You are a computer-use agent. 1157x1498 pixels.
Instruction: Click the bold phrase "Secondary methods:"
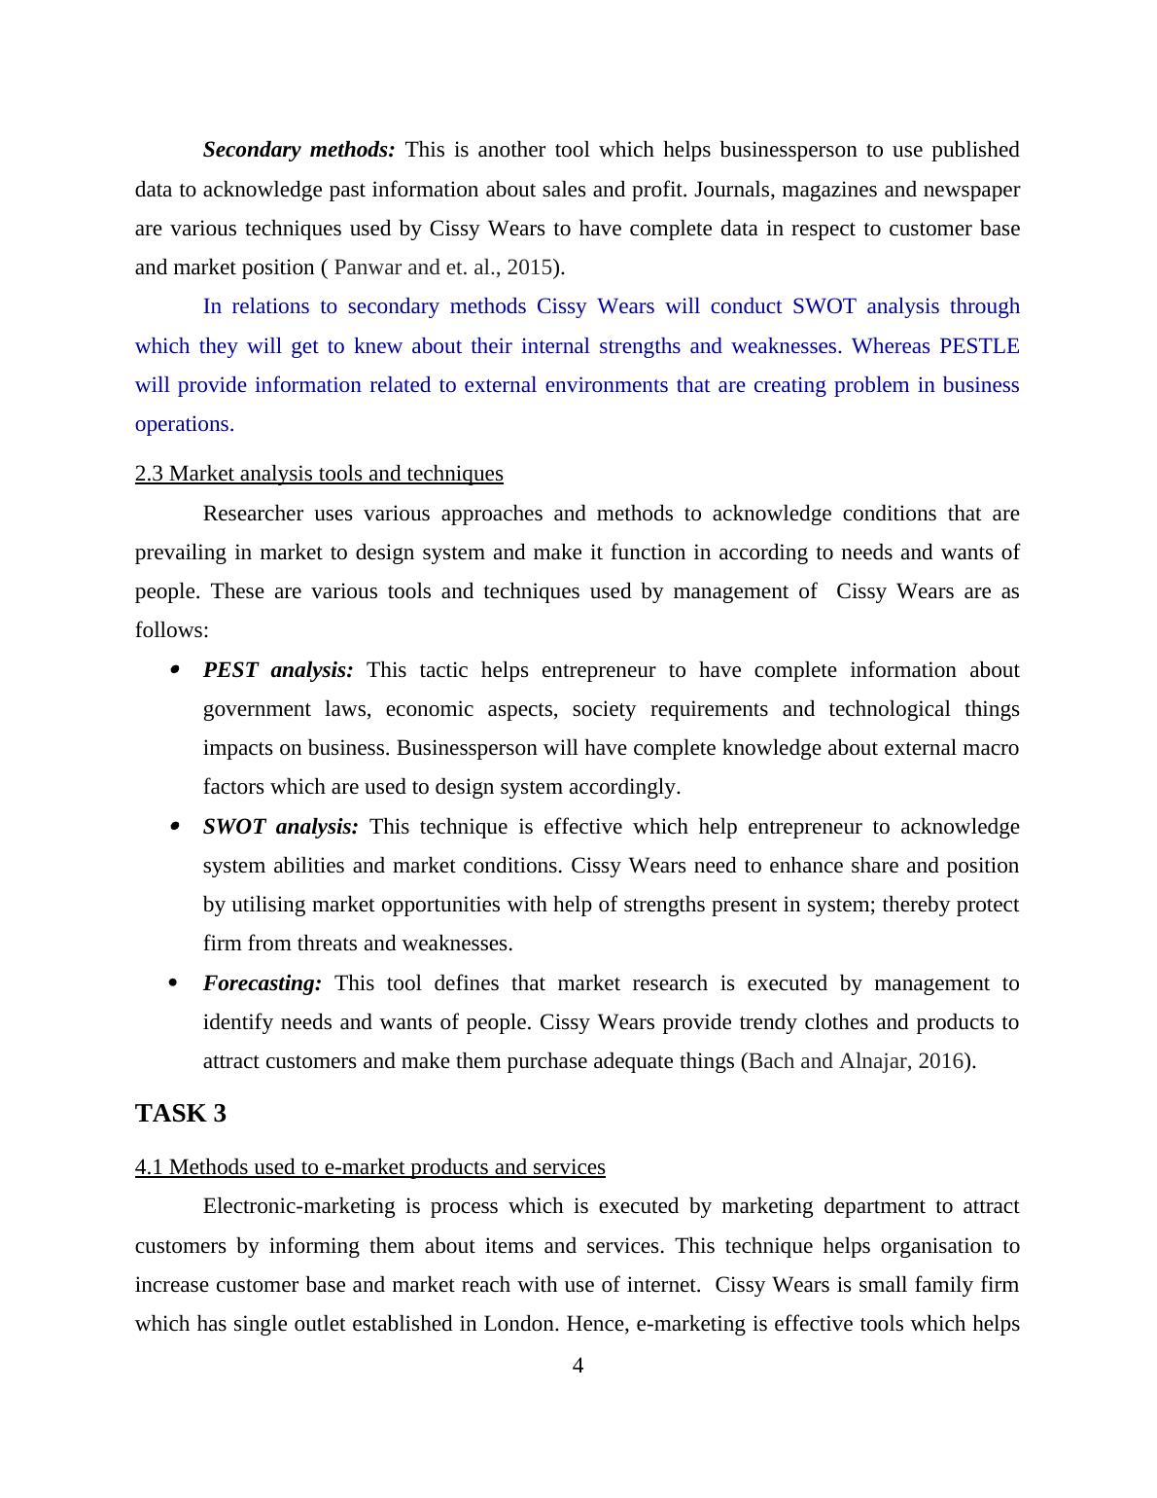298,150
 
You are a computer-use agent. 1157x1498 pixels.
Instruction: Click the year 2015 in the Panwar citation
529,267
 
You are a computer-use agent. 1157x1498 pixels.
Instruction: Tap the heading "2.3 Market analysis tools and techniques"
319,474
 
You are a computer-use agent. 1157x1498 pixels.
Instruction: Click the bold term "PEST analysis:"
278,670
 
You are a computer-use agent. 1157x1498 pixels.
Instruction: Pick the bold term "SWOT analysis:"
280,827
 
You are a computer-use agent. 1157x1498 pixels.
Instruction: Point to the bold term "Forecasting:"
262,983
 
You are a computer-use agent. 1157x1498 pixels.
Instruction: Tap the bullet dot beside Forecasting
174,983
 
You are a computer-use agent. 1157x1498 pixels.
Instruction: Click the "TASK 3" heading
181,1114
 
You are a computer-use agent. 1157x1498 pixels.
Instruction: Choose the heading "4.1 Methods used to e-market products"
369,1167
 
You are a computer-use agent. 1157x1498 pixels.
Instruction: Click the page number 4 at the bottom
578,1367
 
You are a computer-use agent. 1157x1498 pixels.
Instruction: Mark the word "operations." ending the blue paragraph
184,424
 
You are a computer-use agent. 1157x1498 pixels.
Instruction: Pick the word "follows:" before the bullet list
171,630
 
